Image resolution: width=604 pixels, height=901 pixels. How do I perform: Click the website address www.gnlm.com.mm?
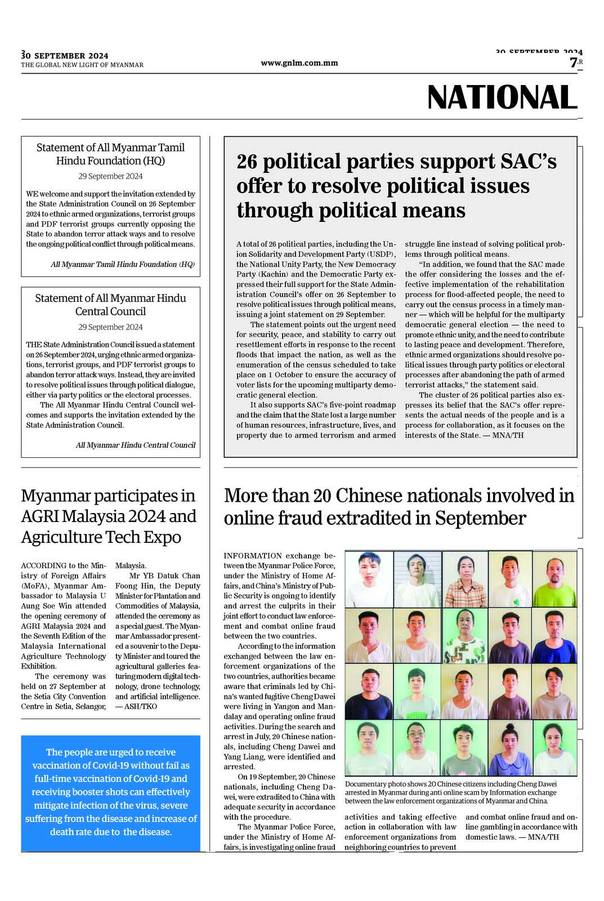[x=299, y=63]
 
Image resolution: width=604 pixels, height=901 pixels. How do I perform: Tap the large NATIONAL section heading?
[x=502, y=97]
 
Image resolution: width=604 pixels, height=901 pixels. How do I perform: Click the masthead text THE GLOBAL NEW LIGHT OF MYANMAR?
[x=82, y=65]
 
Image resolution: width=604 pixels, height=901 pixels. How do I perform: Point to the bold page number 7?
[x=573, y=63]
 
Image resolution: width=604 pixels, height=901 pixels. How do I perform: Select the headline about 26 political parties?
[x=396, y=186]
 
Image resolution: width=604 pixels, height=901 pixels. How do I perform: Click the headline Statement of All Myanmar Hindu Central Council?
[x=110, y=305]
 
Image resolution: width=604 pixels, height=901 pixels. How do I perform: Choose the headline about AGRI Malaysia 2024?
[x=109, y=516]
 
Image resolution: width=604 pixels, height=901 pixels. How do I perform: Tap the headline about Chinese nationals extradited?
[x=399, y=506]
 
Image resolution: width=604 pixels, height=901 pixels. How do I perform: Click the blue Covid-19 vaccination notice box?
[x=111, y=792]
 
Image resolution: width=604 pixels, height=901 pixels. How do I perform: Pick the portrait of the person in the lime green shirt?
[x=554, y=579]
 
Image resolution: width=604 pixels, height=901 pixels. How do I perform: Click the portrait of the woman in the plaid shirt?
[x=465, y=579]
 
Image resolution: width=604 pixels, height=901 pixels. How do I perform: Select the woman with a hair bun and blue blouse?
[x=510, y=748]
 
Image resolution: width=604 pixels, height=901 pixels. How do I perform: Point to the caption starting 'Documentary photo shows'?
[x=451, y=792]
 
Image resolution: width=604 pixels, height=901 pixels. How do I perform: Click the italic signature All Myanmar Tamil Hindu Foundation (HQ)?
[x=123, y=265]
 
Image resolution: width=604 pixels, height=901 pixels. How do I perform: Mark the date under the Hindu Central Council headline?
[x=110, y=327]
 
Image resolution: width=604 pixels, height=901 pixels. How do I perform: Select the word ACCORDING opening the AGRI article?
[x=44, y=566]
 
